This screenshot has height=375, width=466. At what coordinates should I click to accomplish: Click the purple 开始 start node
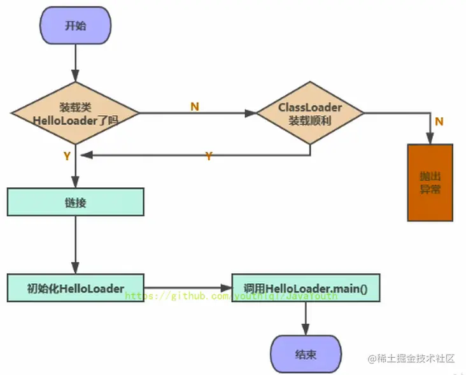point(76,26)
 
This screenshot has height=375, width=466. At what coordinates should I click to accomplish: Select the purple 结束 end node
point(306,354)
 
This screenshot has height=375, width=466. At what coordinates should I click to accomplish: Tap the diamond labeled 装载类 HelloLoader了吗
point(76,113)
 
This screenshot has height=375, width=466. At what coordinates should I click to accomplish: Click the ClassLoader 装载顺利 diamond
point(310,114)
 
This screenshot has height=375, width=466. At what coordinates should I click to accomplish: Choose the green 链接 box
point(76,202)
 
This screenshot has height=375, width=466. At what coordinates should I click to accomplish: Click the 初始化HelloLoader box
point(76,288)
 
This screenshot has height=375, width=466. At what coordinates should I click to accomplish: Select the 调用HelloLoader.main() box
point(306,288)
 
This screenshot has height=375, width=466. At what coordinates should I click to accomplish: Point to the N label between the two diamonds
point(195,106)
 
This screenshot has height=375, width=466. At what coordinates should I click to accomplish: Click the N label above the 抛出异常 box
point(439,121)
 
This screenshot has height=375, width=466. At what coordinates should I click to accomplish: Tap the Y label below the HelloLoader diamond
point(67,156)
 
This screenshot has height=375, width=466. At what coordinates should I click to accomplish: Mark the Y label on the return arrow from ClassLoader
point(208,156)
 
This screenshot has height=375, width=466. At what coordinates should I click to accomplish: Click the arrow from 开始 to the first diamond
point(76,64)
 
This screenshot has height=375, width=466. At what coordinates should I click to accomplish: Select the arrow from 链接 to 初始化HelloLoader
point(76,245)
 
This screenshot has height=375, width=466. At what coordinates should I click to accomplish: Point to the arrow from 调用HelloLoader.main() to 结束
point(306,318)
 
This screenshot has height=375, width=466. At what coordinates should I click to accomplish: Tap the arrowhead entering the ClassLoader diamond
point(251,114)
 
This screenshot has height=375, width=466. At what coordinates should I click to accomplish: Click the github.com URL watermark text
point(232,296)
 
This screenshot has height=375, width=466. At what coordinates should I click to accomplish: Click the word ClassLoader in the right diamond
point(310,108)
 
